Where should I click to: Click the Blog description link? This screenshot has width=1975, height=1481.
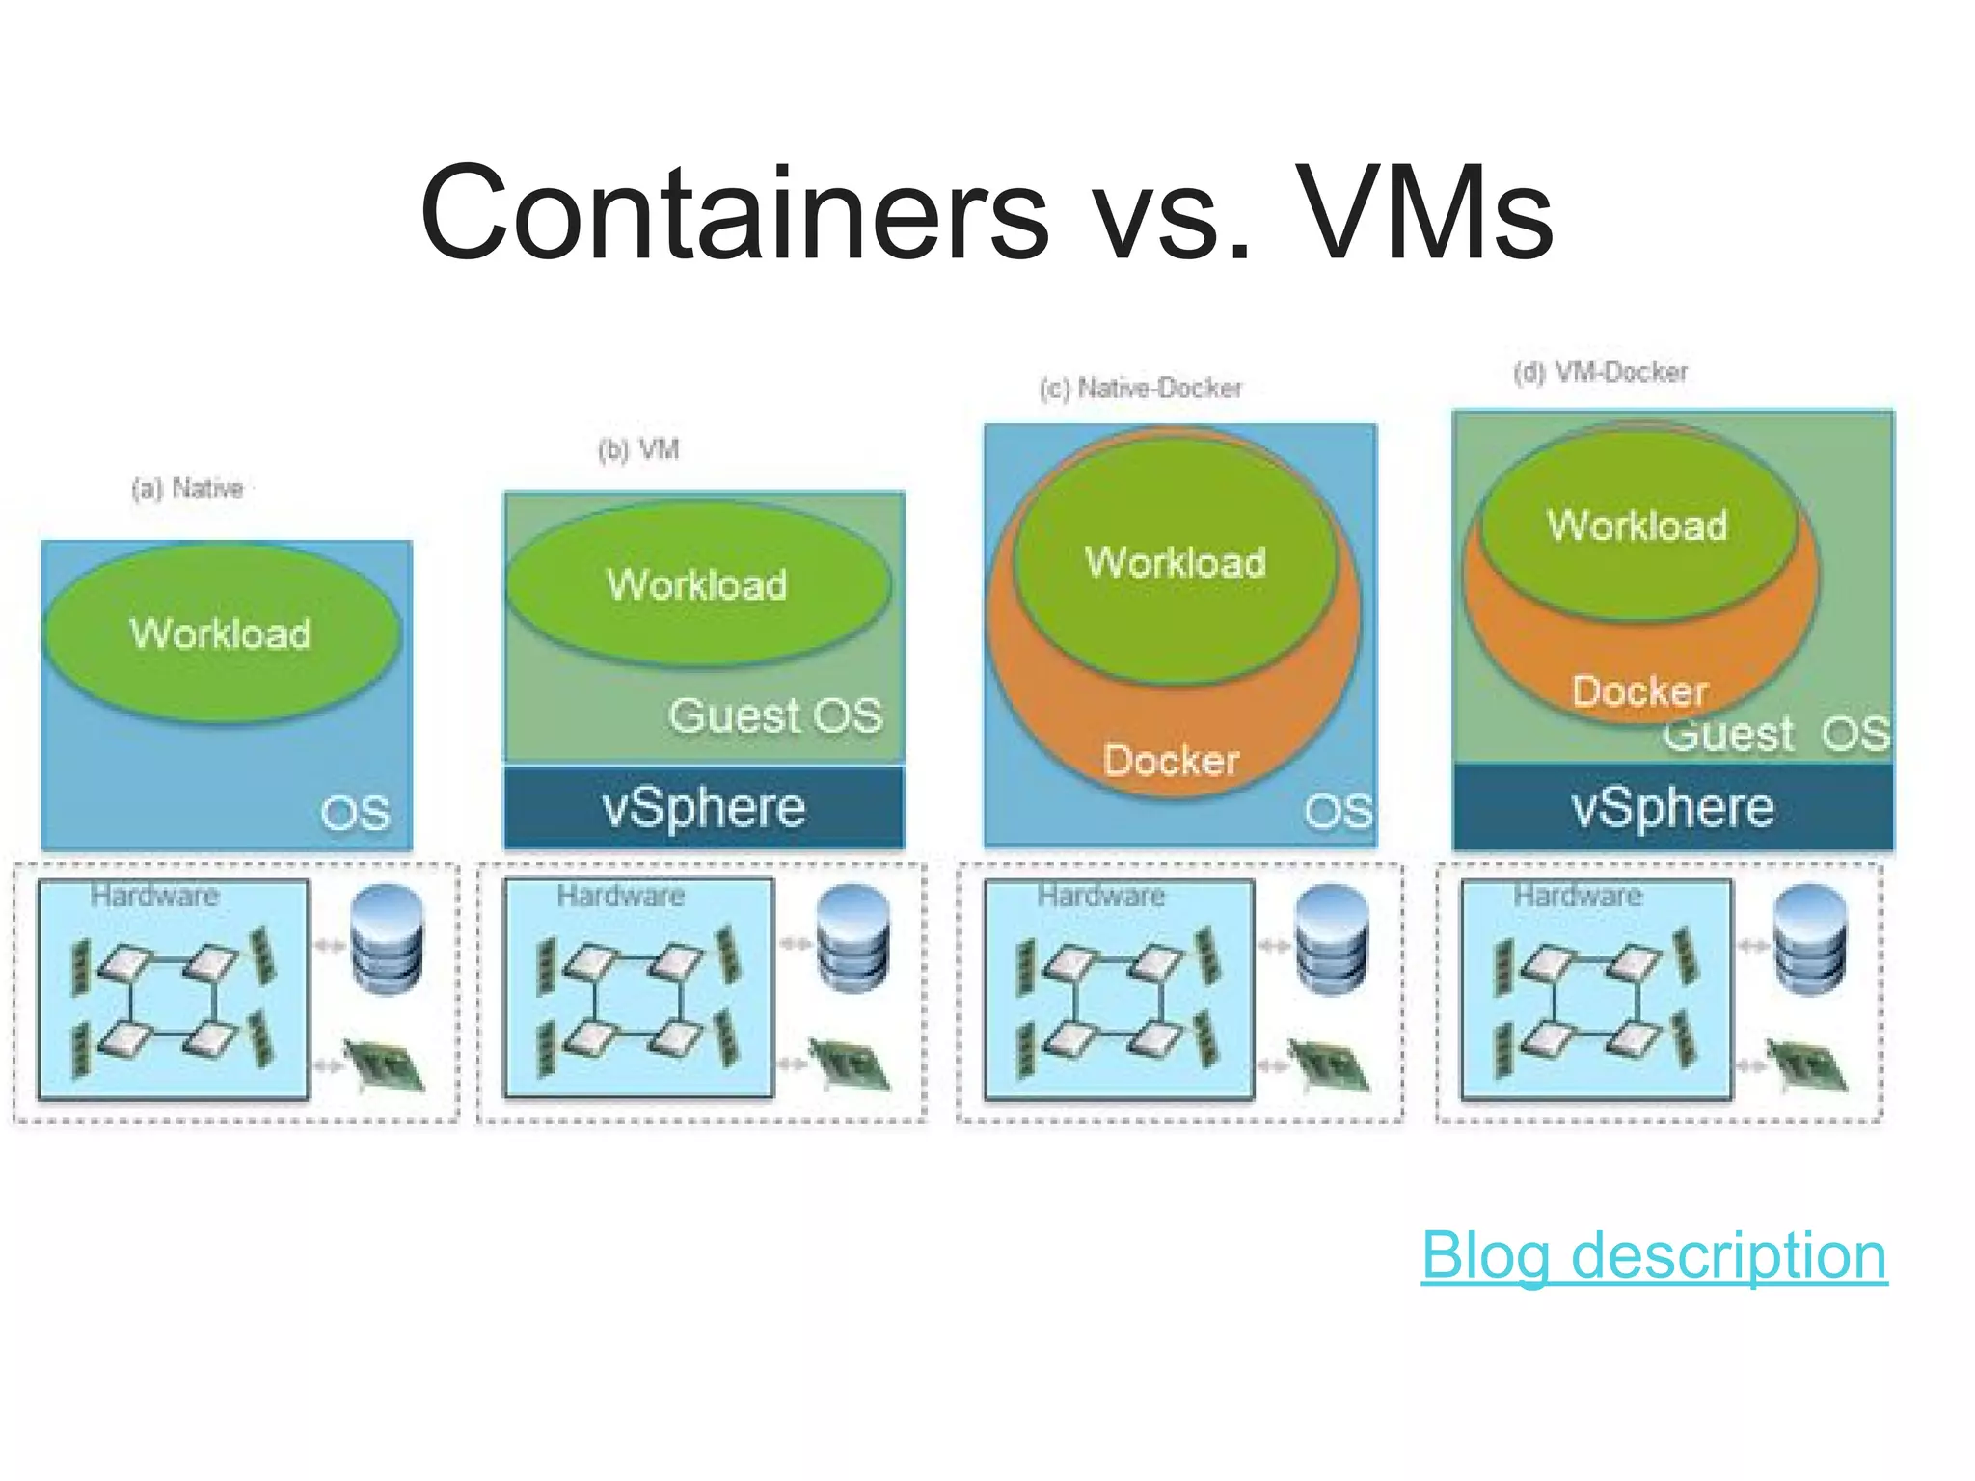(1653, 1255)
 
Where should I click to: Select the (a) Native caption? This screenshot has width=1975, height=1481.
(188, 489)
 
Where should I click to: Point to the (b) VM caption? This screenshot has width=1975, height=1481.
(638, 449)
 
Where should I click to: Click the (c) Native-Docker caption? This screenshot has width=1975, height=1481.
(1141, 389)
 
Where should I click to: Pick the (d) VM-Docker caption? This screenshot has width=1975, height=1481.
(1601, 372)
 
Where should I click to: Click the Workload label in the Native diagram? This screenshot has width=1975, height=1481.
(221, 633)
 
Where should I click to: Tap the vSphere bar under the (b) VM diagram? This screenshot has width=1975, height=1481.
(704, 807)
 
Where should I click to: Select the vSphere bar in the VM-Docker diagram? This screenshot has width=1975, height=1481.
(1672, 807)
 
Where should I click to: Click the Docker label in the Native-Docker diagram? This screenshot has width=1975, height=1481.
(1171, 761)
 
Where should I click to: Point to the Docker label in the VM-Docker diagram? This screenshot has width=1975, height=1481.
(1639, 691)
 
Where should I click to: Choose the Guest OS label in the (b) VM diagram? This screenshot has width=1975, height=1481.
(775, 715)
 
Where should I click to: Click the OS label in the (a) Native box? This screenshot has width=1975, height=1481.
(355, 814)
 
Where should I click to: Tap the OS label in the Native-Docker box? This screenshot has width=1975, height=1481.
(1338, 812)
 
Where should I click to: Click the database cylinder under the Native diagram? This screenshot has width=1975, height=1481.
(387, 939)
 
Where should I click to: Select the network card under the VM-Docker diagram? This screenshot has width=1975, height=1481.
(1805, 1065)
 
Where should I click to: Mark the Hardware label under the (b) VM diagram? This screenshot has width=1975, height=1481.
(621, 896)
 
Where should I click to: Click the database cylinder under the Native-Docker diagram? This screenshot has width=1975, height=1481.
(1331, 939)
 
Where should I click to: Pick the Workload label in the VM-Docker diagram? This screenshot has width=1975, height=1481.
(1637, 525)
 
